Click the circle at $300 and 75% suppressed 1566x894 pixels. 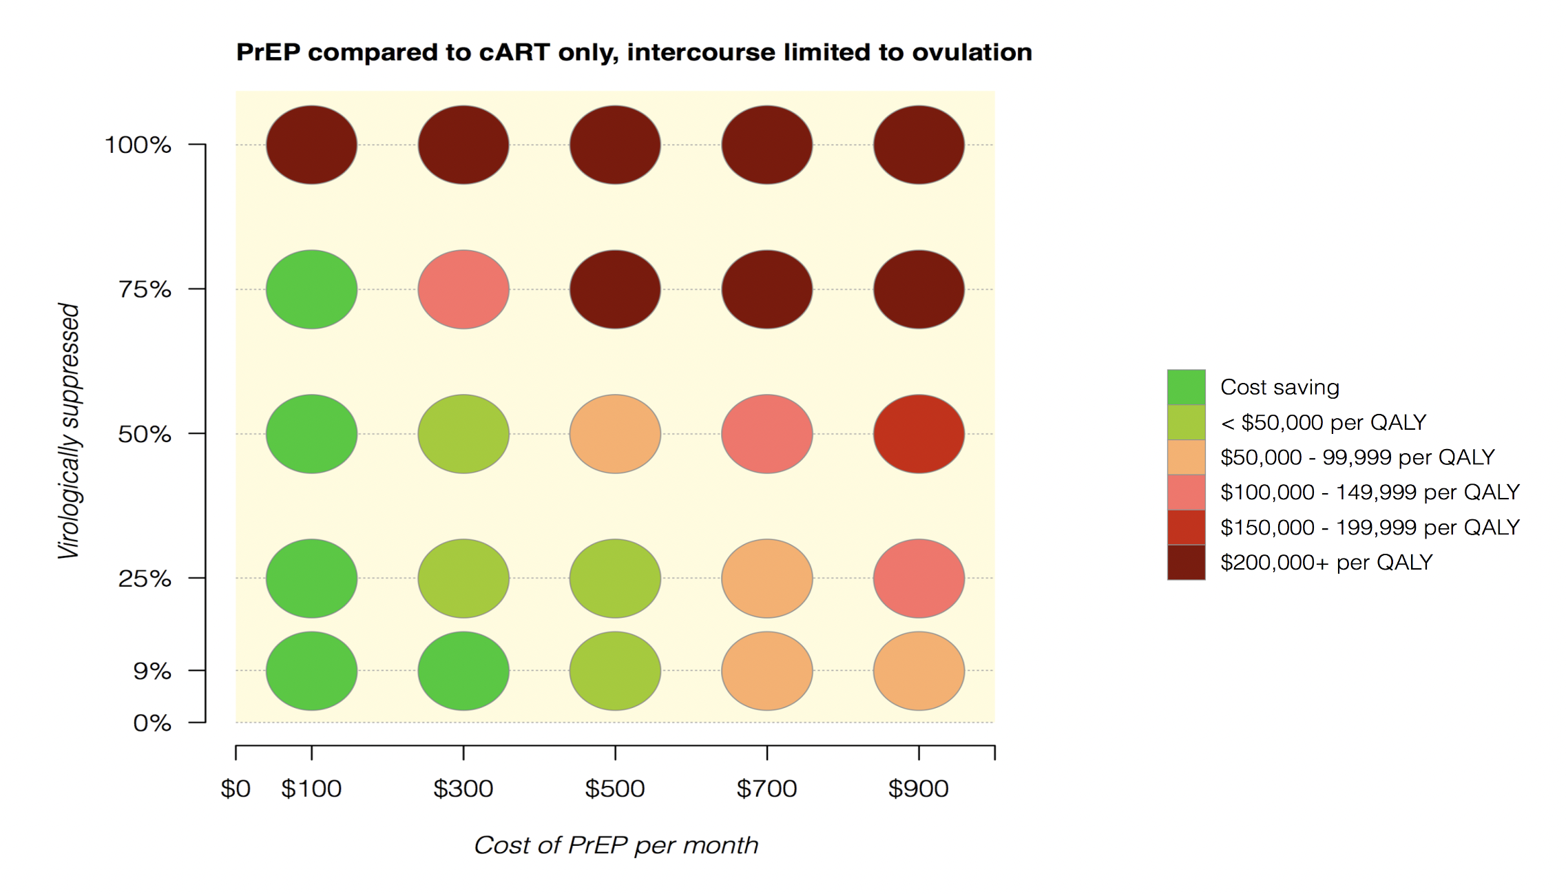[x=463, y=289]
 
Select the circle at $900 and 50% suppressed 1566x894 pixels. [x=919, y=434]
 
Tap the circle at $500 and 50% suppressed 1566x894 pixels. [x=615, y=434]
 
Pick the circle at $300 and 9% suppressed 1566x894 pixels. [x=463, y=671]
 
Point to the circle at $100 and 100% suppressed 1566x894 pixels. [x=312, y=145]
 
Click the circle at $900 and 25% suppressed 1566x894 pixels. [x=919, y=579]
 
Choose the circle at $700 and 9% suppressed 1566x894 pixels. [x=767, y=671]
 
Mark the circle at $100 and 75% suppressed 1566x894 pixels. [x=312, y=289]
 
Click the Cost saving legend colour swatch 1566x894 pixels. [x=1186, y=387]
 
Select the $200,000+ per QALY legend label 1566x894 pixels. [x=1326, y=563]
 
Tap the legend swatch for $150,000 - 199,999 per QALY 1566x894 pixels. [x=1186, y=528]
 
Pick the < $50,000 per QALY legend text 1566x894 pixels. [x=1323, y=422]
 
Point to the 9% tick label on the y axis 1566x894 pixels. [x=152, y=671]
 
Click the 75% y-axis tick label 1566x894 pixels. [x=145, y=289]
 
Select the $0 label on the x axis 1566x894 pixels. [x=236, y=789]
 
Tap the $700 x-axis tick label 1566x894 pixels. [x=766, y=789]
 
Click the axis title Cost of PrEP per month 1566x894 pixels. [x=616, y=845]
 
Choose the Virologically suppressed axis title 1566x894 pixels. [x=70, y=431]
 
